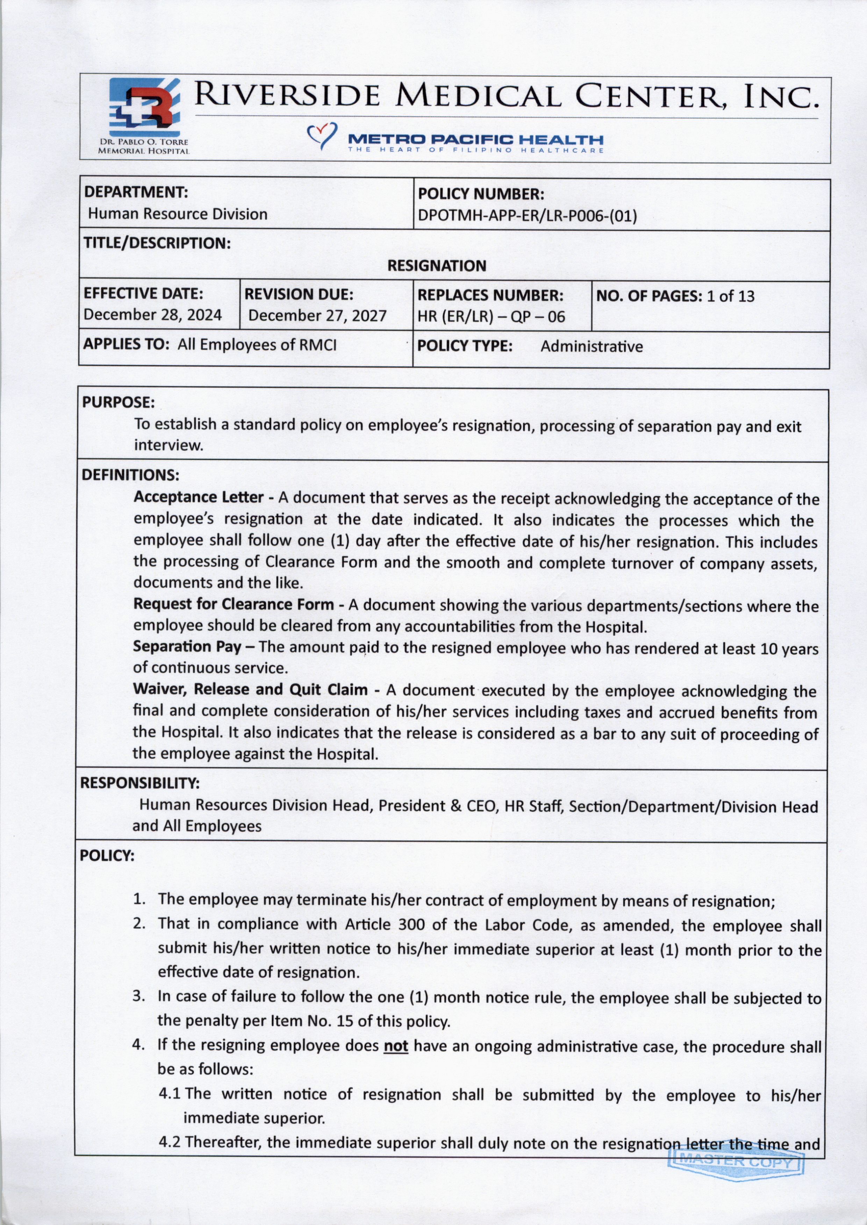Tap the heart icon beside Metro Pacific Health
tap(322, 135)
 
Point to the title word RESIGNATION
tap(437, 266)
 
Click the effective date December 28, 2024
tap(153, 315)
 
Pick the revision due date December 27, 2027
tap(317, 315)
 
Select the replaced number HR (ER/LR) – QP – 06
tap(490, 317)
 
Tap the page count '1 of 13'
tap(730, 296)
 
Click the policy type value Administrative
tap(592, 347)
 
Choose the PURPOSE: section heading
tap(118, 402)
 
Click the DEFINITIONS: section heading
tap(130, 475)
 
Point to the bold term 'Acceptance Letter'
tap(199, 497)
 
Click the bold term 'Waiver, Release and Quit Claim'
tap(250, 689)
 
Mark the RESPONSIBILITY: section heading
tap(140, 783)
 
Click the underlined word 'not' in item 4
tap(396, 1046)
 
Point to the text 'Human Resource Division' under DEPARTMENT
tap(178, 214)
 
